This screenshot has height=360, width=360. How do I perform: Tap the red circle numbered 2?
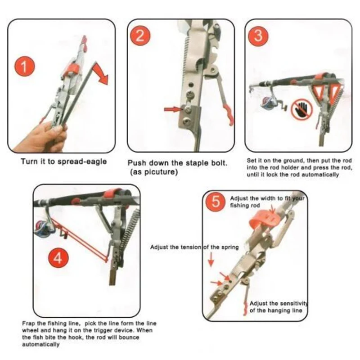(x=139, y=36)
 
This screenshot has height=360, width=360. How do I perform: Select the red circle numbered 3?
(x=258, y=36)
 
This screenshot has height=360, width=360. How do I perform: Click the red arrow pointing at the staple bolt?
(x=172, y=108)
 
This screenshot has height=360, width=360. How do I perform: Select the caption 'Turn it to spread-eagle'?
(x=64, y=161)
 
